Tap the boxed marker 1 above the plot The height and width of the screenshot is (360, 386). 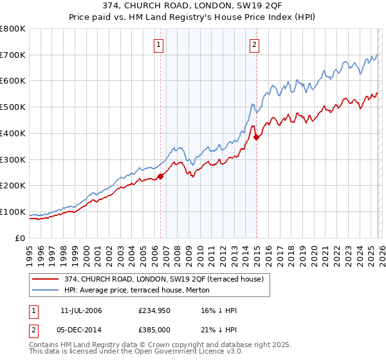pos(158,44)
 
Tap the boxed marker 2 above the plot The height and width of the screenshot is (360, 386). pos(255,44)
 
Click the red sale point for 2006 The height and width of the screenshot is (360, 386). pos(160,177)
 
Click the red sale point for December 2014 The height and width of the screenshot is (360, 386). pos(256,137)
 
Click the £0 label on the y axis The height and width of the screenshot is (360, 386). pos(20,238)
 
